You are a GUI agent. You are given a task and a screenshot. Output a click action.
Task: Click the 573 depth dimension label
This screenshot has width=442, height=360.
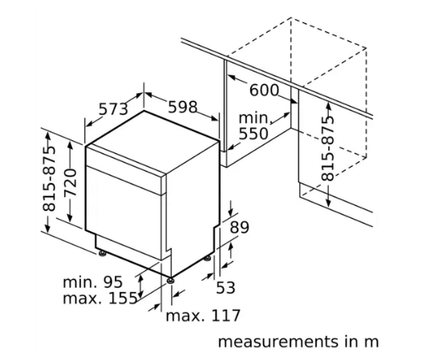[x=113, y=109]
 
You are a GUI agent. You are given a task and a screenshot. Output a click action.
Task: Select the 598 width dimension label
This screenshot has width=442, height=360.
[x=183, y=107]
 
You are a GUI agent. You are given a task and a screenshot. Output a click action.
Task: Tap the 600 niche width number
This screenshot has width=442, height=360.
[x=264, y=90]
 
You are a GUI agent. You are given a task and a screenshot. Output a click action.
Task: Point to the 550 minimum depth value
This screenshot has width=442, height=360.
[x=253, y=134]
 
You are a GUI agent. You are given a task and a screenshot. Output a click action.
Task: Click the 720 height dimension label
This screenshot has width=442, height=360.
[x=70, y=182]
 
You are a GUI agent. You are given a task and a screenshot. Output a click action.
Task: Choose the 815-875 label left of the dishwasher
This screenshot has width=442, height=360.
[x=49, y=179]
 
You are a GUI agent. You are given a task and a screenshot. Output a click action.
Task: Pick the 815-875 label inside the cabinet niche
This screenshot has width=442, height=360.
[x=327, y=148]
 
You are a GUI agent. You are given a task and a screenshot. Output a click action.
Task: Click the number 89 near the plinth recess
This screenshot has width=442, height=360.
[x=240, y=227]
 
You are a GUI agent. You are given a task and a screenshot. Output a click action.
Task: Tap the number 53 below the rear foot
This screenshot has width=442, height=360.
[x=225, y=288]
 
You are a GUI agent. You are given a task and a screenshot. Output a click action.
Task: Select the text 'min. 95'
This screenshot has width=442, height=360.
[x=93, y=281]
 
